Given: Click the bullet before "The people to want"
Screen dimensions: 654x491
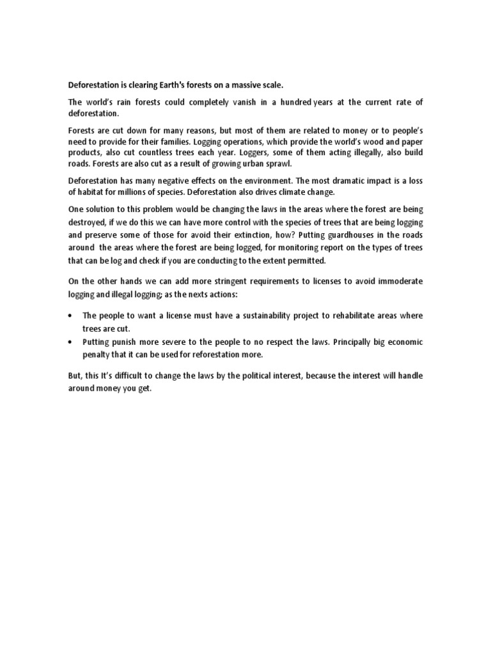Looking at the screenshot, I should click(70, 316).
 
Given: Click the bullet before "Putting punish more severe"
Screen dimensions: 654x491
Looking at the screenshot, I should click(70, 342).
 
